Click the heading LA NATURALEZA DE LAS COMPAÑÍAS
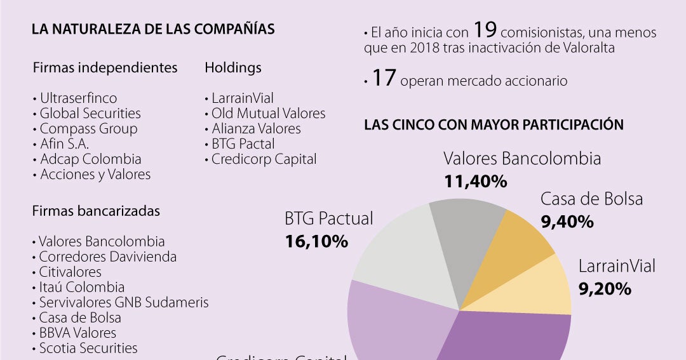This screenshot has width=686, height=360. pos(153,29)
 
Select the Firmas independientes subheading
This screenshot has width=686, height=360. pos(105,67)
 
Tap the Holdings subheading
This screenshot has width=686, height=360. pos(233,67)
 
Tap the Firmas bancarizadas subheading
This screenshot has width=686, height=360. pos(96,211)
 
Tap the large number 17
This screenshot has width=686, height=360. pos(384,78)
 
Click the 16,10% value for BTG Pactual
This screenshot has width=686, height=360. pos(316,241)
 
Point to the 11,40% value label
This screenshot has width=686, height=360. pos(475,182)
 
